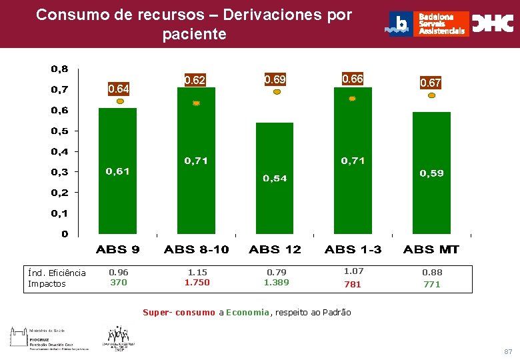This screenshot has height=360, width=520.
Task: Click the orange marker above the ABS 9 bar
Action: click(120, 101)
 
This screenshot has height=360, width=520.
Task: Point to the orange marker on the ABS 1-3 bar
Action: click(353, 99)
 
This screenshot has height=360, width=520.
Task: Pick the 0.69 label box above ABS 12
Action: click(275, 79)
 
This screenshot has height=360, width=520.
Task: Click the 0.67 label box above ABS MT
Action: click(430, 83)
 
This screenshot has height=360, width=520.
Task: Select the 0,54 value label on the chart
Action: click(275, 178)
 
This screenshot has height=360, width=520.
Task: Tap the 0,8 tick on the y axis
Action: click(59, 69)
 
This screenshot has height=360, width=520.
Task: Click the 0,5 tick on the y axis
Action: click(59, 131)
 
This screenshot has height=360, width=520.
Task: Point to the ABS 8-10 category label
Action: click(196, 249)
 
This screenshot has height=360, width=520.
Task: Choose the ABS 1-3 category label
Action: click(353, 249)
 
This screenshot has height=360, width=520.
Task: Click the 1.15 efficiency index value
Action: click(197, 272)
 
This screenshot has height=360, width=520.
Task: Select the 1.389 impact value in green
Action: click(276, 283)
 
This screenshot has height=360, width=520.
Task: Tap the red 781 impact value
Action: click(353, 284)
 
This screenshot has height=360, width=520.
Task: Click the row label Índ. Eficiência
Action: click(57, 273)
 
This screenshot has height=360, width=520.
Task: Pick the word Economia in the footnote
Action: click(248, 312)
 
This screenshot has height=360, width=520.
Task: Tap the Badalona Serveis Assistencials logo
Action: click(429, 24)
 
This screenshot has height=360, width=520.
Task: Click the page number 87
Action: click(508, 351)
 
